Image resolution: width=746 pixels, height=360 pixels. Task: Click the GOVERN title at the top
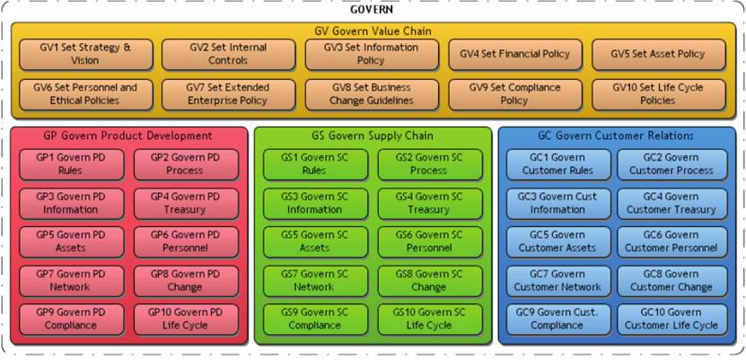373,9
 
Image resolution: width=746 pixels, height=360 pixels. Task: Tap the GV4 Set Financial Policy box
514,54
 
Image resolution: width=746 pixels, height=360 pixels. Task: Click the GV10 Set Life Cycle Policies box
657,94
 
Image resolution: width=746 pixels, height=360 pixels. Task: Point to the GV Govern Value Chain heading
373,31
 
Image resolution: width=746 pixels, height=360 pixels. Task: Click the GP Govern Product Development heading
127,136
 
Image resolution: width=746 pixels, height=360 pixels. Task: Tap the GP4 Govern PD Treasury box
186,203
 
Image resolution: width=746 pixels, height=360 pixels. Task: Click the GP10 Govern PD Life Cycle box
186,319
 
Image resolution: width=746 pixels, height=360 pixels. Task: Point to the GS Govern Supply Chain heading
373,136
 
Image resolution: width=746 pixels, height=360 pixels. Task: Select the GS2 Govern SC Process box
429,164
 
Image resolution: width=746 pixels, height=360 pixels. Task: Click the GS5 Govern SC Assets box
314,241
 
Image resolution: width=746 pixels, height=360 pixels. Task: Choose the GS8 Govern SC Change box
429,280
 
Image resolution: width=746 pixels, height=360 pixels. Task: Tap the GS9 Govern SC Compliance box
314,319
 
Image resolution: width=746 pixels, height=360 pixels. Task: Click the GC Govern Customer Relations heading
616,136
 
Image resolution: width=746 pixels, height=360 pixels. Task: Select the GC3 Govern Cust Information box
557,203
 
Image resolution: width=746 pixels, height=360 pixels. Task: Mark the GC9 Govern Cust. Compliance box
557,319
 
